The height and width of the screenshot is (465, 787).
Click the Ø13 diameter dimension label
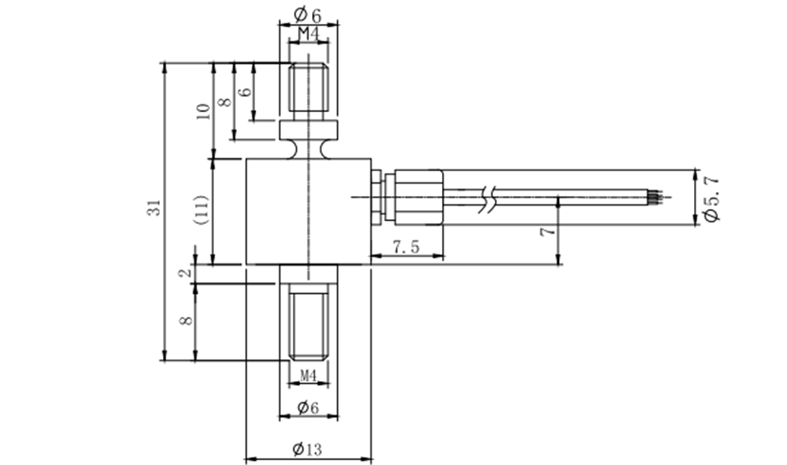coord(307,449)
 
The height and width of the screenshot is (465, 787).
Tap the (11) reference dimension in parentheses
coord(203,210)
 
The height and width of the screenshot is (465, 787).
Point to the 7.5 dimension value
coord(406,246)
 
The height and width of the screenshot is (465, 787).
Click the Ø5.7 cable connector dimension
coord(712,198)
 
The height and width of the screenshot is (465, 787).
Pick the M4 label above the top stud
coord(308,34)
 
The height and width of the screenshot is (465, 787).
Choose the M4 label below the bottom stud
coord(308,375)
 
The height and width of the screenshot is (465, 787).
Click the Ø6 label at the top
coord(308,15)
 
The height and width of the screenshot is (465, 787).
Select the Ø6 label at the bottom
coord(308,407)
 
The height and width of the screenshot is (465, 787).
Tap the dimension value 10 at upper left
coord(203,111)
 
